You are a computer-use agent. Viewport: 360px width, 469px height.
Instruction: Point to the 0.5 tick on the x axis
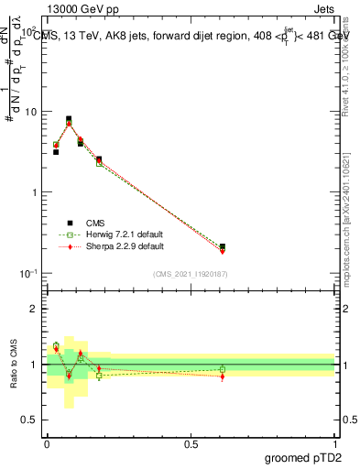click(x=191, y=443)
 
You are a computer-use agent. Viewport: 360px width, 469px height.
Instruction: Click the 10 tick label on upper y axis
click(x=27, y=112)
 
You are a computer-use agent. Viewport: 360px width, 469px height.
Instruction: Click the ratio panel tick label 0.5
click(x=29, y=420)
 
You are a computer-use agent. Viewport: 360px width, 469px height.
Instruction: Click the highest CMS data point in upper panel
click(x=69, y=119)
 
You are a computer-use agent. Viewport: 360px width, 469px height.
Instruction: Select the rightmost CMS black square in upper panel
click(x=223, y=246)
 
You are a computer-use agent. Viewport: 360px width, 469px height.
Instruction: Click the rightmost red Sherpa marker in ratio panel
click(x=223, y=376)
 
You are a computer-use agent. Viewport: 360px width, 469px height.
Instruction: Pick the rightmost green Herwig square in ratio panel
click(x=223, y=369)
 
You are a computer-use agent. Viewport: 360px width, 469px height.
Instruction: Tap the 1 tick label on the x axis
click(x=334, y=443)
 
